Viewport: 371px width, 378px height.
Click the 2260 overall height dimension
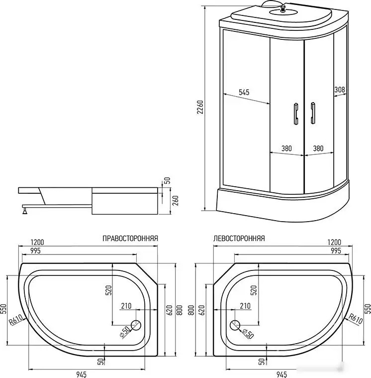click(x=200, y=108)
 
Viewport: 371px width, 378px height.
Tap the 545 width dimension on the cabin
click(x=244, y=92)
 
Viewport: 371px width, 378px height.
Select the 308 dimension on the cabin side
click(x=340, y=90)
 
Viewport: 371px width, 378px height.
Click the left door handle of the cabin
click(x=295, y=112)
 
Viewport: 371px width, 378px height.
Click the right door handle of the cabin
click(x=313, y=112)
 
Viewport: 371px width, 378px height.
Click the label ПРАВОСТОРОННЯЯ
click(x=130, y=239)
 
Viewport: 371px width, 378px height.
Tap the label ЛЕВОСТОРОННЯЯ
click(x=239, y=239)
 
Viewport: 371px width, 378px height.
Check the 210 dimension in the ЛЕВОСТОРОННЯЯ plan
click(x=245, y=305)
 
